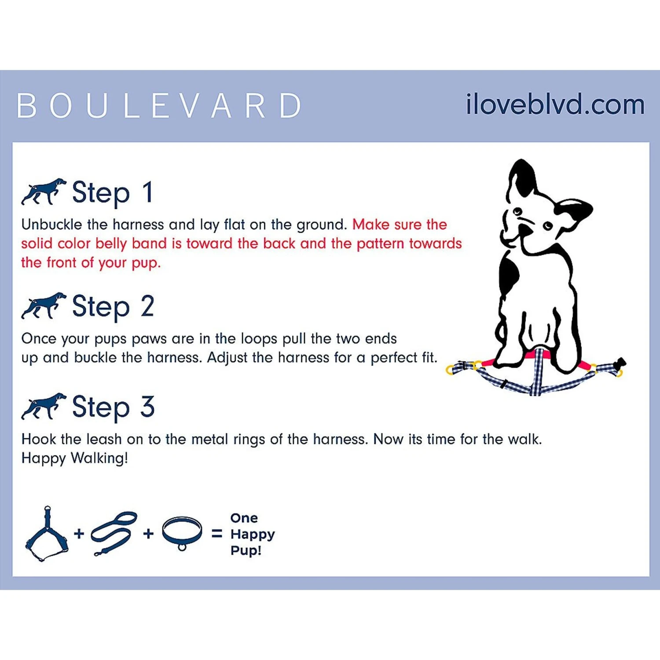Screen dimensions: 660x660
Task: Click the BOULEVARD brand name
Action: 159,106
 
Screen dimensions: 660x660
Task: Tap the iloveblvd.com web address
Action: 555,104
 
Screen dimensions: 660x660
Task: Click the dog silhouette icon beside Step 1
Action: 44,191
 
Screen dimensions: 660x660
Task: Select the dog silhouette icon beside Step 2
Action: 44,305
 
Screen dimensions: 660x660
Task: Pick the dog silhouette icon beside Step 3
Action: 44,406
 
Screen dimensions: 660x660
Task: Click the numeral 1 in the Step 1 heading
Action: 148,192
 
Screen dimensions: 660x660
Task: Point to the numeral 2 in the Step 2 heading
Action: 147,306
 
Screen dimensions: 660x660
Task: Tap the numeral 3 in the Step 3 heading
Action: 147,407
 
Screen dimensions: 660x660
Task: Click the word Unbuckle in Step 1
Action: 51,224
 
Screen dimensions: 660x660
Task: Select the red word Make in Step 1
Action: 371,224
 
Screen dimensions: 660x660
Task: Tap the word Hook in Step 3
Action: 39,439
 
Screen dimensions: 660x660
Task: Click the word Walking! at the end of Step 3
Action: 99,458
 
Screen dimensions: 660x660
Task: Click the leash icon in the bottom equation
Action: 114,534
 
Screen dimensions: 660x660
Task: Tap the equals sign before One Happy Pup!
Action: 216,534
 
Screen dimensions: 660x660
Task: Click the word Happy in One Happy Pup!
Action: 253,535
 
